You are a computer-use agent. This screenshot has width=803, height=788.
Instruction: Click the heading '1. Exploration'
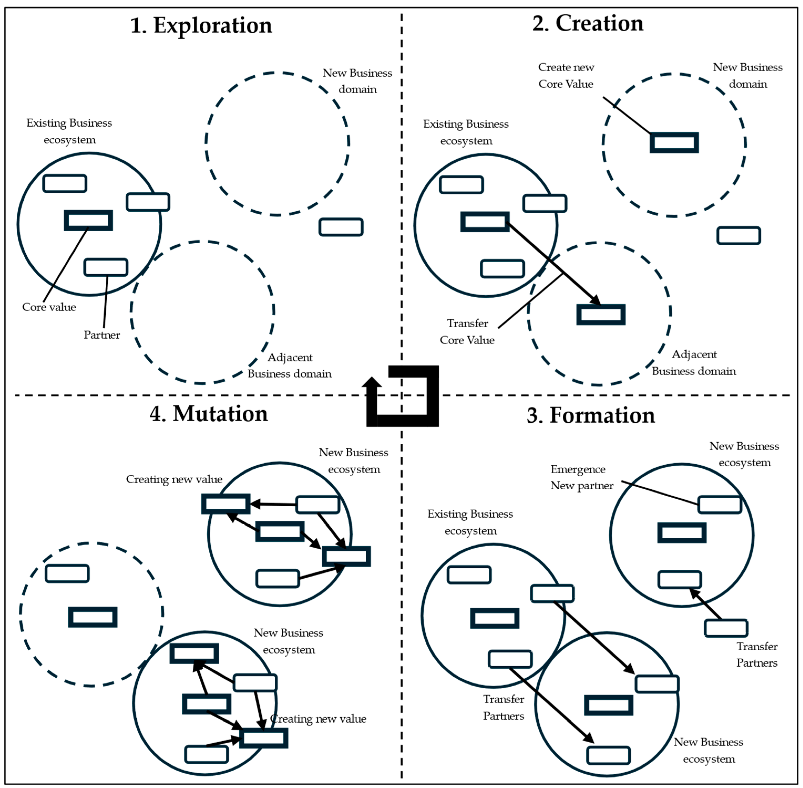201,26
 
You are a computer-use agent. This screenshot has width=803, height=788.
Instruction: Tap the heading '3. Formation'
591,416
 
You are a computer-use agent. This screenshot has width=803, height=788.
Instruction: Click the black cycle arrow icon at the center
402,396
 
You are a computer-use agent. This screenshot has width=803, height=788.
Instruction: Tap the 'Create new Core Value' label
566,76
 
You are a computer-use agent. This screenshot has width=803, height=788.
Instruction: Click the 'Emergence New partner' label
581,478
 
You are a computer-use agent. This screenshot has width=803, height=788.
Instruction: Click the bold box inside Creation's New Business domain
674,143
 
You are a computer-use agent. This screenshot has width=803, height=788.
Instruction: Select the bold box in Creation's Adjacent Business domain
601,314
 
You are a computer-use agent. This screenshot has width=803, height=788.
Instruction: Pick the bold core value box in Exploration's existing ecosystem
88,220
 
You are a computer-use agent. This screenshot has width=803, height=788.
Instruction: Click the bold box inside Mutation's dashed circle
93,617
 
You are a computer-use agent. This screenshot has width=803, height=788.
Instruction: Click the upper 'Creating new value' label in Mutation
174,479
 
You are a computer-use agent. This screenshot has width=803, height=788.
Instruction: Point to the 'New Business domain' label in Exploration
357,81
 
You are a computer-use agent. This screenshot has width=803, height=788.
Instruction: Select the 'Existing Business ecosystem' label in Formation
470,522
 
